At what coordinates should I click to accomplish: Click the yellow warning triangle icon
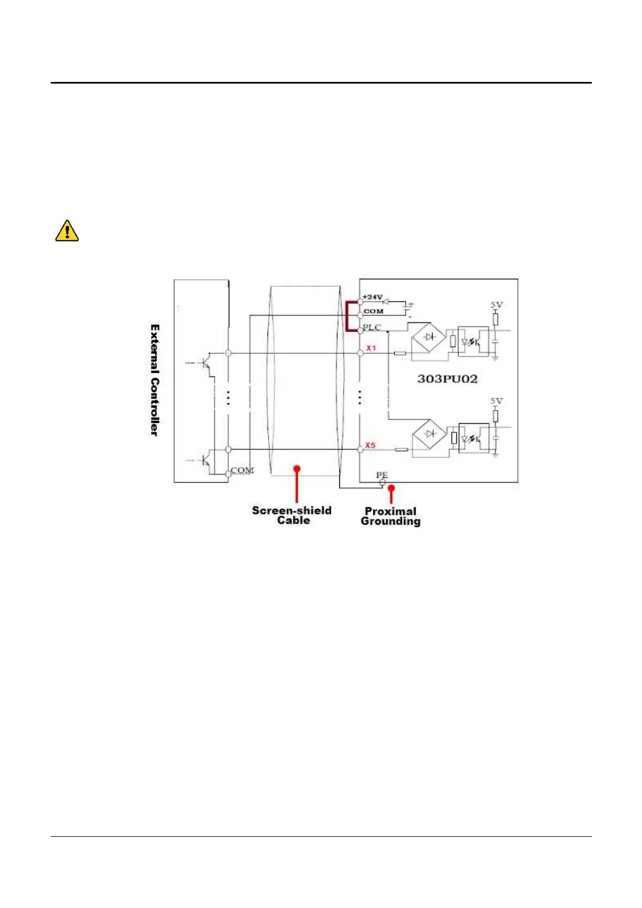click(x=67, y=231)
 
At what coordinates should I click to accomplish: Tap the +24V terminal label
click(x=372, y=297)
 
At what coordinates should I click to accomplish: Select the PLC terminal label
click(x=372, y=327)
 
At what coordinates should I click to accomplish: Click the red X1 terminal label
click(x=371, y=348)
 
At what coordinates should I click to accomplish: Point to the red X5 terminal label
click(x=370, y=445)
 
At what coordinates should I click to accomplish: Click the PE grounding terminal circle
click(x=383, y=483)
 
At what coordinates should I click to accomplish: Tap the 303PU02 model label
click(x=447, y=379)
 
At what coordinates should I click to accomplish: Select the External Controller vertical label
click(x=155, y=380)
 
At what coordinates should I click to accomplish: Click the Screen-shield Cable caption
click(x=292, y=515)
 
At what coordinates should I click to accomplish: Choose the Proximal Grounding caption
click(x=391, y=516)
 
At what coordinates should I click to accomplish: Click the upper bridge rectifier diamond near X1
click(x=429, y=338)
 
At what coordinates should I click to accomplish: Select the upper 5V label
click(x=496, y=305)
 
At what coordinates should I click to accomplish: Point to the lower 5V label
click(x=496, y=401)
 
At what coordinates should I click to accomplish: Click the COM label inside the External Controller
click(x=242, y=471)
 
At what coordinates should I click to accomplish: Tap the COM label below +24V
click(x=373, y=311)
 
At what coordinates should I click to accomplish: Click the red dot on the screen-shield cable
click(x=297, y=469)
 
